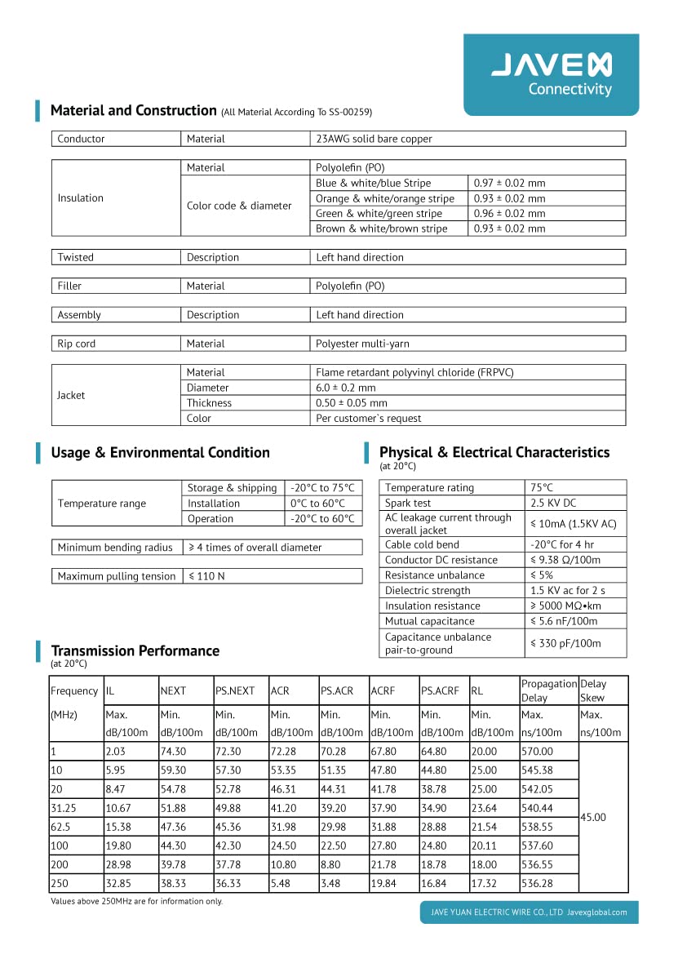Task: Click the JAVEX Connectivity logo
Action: pyautogui.click(x=552, y=74)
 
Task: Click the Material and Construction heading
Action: pyautogui.click(x=133, y=110)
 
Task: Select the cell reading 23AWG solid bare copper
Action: pyautogui.click(x=374, y=139)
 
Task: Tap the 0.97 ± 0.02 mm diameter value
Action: pyautogui.click(x=509, y=183)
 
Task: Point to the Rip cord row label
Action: pyautogui.click(x=76, y=344)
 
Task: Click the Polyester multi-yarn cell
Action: pyautogui.click(x=362, y=344)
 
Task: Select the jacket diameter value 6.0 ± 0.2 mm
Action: pyautogui.click(x=345, y=388)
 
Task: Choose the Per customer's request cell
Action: pyautogui.click(x=368, y=418)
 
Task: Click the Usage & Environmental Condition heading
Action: pyautogui.click(x=160, y=452)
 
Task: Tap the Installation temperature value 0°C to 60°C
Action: pyautogui.click(x=317, y=504)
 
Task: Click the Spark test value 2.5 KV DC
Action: pyautogui.click(x=552, y=503)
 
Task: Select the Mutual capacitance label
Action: pyautogui.click(x=429, y=621)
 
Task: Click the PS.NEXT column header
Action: pyautogui.click(x=235, y=690)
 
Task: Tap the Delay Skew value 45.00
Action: pyautogui.click(x=592, y=817)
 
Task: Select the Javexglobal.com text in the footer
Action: pyautogui.click(x=596, y=912)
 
